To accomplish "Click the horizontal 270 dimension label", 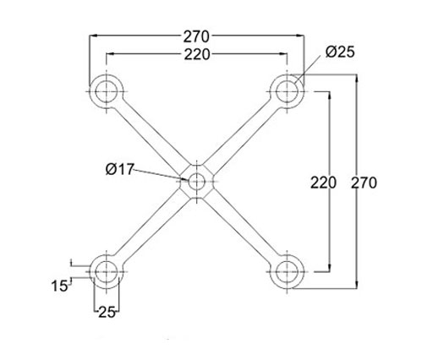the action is coord(197,36).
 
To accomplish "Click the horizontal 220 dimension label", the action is coord(197,54).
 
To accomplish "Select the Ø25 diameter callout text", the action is coord(340,52).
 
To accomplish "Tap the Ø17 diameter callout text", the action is coord(119,169).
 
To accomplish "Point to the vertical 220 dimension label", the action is coord(323,183).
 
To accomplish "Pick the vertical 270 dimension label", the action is coord(364,183).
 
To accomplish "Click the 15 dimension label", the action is coord(60,286).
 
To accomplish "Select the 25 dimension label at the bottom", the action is coord(107,313).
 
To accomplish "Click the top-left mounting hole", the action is coord(107,92).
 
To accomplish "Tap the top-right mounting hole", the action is coord(288,92).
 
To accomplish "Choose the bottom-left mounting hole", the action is coord(107,272).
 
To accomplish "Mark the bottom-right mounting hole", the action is coord(288,272).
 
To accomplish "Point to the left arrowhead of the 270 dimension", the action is coord(93,35).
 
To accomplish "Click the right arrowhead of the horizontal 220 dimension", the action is coord(283,54).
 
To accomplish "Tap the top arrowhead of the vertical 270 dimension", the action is coord(357,79).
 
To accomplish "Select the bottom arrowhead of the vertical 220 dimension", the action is coord(329,268).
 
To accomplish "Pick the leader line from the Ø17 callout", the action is coord(161,175).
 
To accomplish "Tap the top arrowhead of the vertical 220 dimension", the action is coord(329,95).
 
